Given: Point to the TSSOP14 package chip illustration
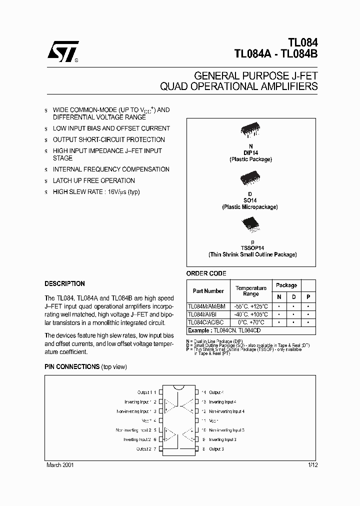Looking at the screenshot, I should click(x=251, y=225).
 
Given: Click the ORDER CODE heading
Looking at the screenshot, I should click(x=206, y=273).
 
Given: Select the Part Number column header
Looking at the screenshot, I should click(x=208, y=291).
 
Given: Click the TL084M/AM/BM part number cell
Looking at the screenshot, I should click(x=206, y=306).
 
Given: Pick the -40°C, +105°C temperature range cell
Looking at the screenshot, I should click(x=251, y=314).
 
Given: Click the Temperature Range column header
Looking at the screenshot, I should click(x=251, y=291).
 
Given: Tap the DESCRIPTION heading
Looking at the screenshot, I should click(x=64, y=283).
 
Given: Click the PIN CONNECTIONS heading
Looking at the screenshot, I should click(x=72, y=366).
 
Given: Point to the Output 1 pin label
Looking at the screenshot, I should click(x=146, y=392).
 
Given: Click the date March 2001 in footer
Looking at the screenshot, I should click(x=60, y=465).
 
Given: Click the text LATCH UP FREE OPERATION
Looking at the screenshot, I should click(x=93, y=180).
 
